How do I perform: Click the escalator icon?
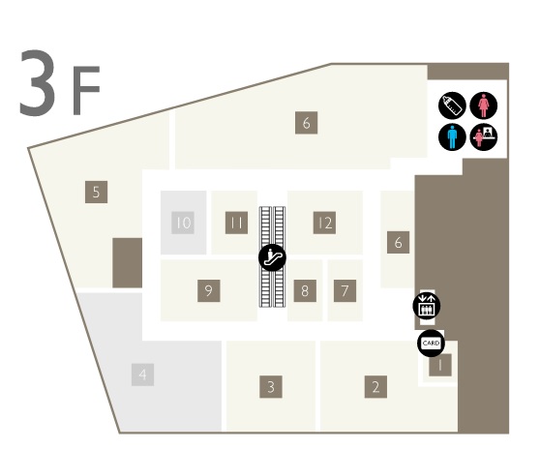coord(272,257)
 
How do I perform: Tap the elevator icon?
coord(427,306)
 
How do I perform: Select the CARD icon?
coord(431,343)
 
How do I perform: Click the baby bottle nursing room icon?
coord(452,105)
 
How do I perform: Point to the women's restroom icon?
coord(484,105)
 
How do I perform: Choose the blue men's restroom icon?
coord(452,136)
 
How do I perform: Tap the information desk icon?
coord(484,136)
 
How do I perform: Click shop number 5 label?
coord(96,192)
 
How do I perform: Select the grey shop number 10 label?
coord(183,223)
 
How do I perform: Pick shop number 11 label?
coord(236,223)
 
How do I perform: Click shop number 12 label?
coord(324,223)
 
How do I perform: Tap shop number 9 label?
coord(209,291)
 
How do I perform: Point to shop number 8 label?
coord(305,291)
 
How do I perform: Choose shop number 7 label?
coord(345,291)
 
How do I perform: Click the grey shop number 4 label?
coord(142,375)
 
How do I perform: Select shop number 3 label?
coord(271,387)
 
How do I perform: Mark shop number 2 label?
coord(375,387)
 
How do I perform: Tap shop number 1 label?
coord(440,365)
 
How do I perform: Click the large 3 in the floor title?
coord(37,82)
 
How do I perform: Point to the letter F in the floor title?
coord(86,90)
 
